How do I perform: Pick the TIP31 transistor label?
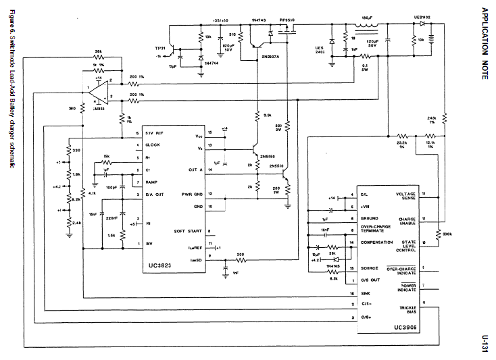160,49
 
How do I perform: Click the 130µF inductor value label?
367,20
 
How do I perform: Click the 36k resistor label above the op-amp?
99,51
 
